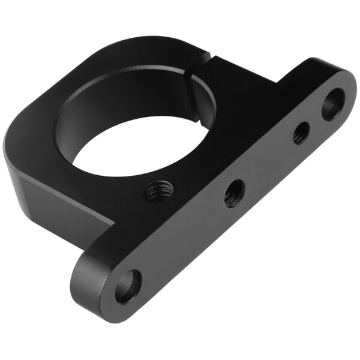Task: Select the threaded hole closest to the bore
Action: click(159, 191)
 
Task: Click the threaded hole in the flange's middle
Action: click(234, 193)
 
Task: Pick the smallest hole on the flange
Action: click(301, 133)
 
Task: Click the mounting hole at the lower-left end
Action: click(128, 287)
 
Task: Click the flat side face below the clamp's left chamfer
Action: click(48, 198)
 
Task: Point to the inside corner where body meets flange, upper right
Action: click(276, 81)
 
